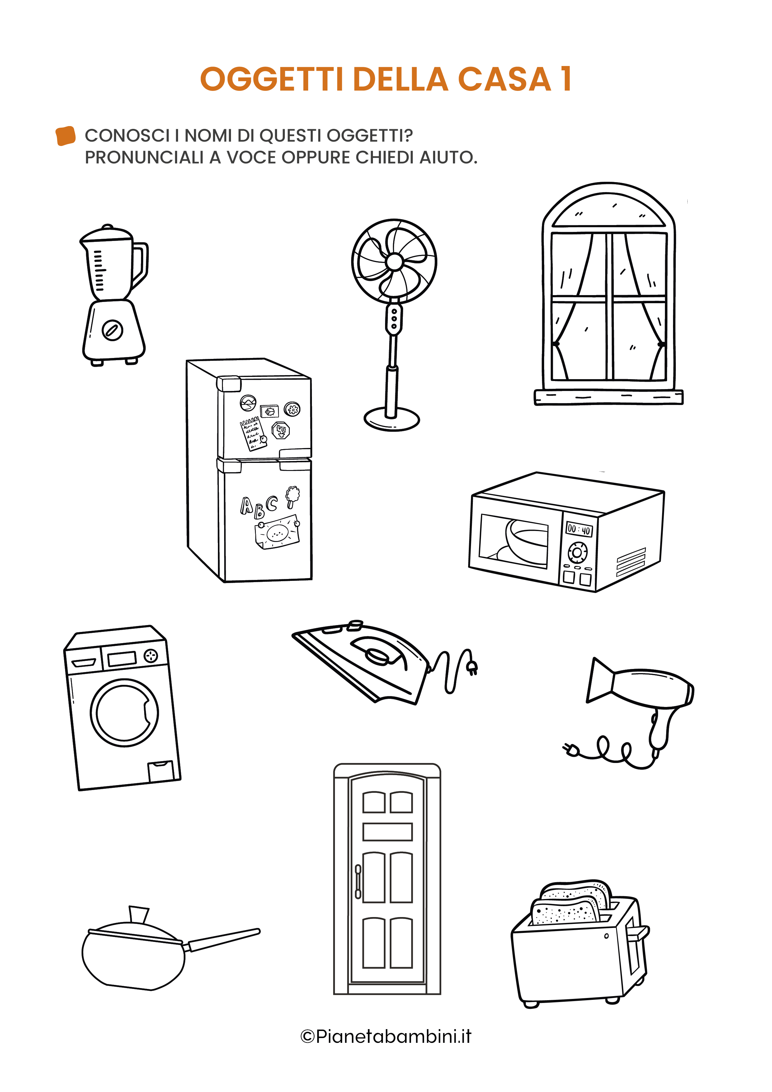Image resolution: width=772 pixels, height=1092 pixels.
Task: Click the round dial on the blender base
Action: [113, 330]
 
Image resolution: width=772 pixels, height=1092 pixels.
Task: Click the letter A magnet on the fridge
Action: [247, 505]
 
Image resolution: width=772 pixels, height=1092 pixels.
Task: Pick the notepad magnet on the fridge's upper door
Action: [252, 433]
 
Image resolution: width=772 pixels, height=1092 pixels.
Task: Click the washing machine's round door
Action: [125, 713]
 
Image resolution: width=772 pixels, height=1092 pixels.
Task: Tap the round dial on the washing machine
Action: [151, 656]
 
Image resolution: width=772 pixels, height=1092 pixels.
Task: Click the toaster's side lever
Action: [638, 934]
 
